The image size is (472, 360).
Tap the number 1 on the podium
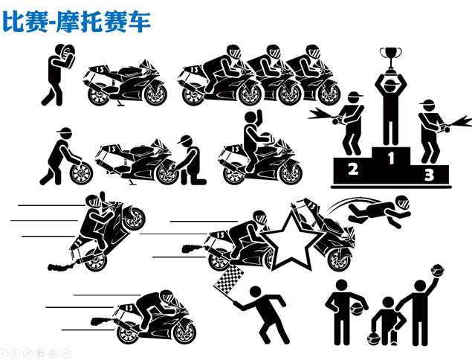pyautogui.click(x=391, y=158)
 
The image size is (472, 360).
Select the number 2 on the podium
pyautogui.click(x=353, y=169)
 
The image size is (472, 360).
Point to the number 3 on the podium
pyautogui.click(x=429, y=175)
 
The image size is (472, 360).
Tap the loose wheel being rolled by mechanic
pyautogui.click(x=81, y=173)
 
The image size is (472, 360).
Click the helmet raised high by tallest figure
pyautogui.click(x=437, y=270)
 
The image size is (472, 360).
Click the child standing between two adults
pyautogui.click(x=388, y=321)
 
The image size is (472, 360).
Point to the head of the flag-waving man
pyautogui.click(x=256, y=292)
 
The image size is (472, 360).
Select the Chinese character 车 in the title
pyautogui.click(x=139, y=22)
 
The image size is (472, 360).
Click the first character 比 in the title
pyautogui.click(x=13, y=21)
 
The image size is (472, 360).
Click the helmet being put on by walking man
pyautogui.click(x=66, y=52)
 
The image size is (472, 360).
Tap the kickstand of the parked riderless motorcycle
pyautogui.click(x=119, y=102)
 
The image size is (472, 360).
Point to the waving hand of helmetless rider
pyautogui.click(x=259, y=115)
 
